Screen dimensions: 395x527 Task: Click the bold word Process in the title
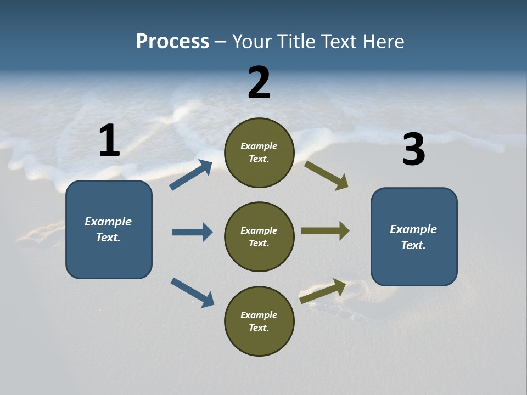[x=172, y=41]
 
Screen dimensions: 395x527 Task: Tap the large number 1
[x=109, y=140]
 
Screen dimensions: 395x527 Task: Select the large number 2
[x=259, y=82]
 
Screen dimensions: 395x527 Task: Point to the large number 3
[x=413, y=150]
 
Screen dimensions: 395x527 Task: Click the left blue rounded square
[x=109, y=229]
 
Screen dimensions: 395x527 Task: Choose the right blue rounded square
[x=414, y=237]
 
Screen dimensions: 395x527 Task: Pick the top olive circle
[x=259, y=153]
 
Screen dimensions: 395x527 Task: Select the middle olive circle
[x=259, y=236]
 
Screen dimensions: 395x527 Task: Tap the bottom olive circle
[x=259, y=321]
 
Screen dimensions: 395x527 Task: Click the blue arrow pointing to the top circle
[x=191, y=175]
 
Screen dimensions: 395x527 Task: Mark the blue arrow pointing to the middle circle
[x=192, y=232]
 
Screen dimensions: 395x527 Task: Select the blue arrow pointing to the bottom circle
[x=192, y=292]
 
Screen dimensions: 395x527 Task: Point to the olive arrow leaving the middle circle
[x=325, y=231]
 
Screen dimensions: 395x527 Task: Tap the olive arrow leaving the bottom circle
[x=323, y=291]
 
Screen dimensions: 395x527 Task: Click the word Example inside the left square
[x=108, y=222]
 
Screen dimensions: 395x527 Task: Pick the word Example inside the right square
[x=413, y=229]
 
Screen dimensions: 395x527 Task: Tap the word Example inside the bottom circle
[x=259, y=315]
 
